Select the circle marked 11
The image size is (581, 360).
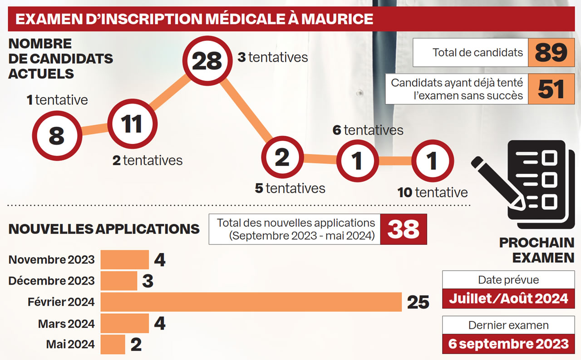pos(132,124)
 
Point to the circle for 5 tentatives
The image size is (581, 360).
pos(282,158)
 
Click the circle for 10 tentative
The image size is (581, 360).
pos(432,160)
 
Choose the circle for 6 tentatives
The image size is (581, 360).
pos(357,160)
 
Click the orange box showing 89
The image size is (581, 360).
pos(551,53)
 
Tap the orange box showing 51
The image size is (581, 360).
pos(551,89)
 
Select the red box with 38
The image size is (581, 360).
pos(404,229)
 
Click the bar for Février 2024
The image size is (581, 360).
pos(251,302)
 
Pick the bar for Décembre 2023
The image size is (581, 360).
pos(119,281)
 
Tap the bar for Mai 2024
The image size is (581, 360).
pos(113,344)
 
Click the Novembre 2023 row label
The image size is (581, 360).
pos(51,260)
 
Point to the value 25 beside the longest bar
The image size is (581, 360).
pos(418,302)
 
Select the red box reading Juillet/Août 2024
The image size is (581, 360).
pos(508,298)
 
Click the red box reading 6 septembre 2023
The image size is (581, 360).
pos(508,344)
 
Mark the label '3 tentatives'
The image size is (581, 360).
pos(273,58)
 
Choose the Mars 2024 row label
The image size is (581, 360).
pos(66,324)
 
